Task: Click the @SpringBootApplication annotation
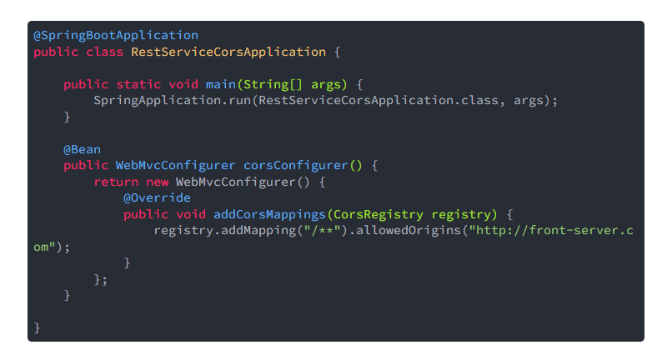[116, 36]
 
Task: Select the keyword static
[138, 84]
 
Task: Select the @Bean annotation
[82, 149]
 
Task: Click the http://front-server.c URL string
[550, 230]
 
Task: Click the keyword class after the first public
[104, 52]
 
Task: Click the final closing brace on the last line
[37, 327]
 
